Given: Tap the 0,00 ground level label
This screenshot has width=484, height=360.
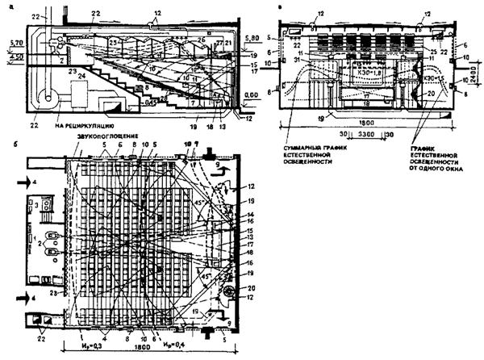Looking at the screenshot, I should point(249,94).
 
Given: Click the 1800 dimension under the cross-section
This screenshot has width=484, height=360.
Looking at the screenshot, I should point(339,116).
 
